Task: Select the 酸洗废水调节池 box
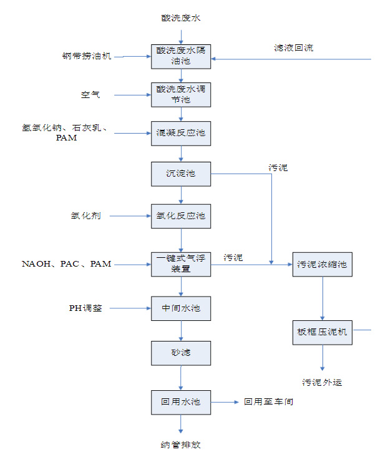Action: [181, 95]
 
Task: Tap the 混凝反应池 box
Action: [181, 133]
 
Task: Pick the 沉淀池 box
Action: [181, 174]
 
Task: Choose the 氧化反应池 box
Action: [181, 216]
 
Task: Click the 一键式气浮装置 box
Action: [181, 264]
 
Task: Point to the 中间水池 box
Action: [181, 308]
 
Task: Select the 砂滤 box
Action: [181, 353]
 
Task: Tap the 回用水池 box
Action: [181, 402]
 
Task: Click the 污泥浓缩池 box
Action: [323, 264]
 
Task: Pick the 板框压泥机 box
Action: [323, 332]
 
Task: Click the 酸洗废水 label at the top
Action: [181, 18]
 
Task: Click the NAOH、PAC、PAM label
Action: [67, 264]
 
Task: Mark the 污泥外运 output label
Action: [323, 382]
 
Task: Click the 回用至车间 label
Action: [268, 402]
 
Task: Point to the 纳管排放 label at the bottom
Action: [181, 445]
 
